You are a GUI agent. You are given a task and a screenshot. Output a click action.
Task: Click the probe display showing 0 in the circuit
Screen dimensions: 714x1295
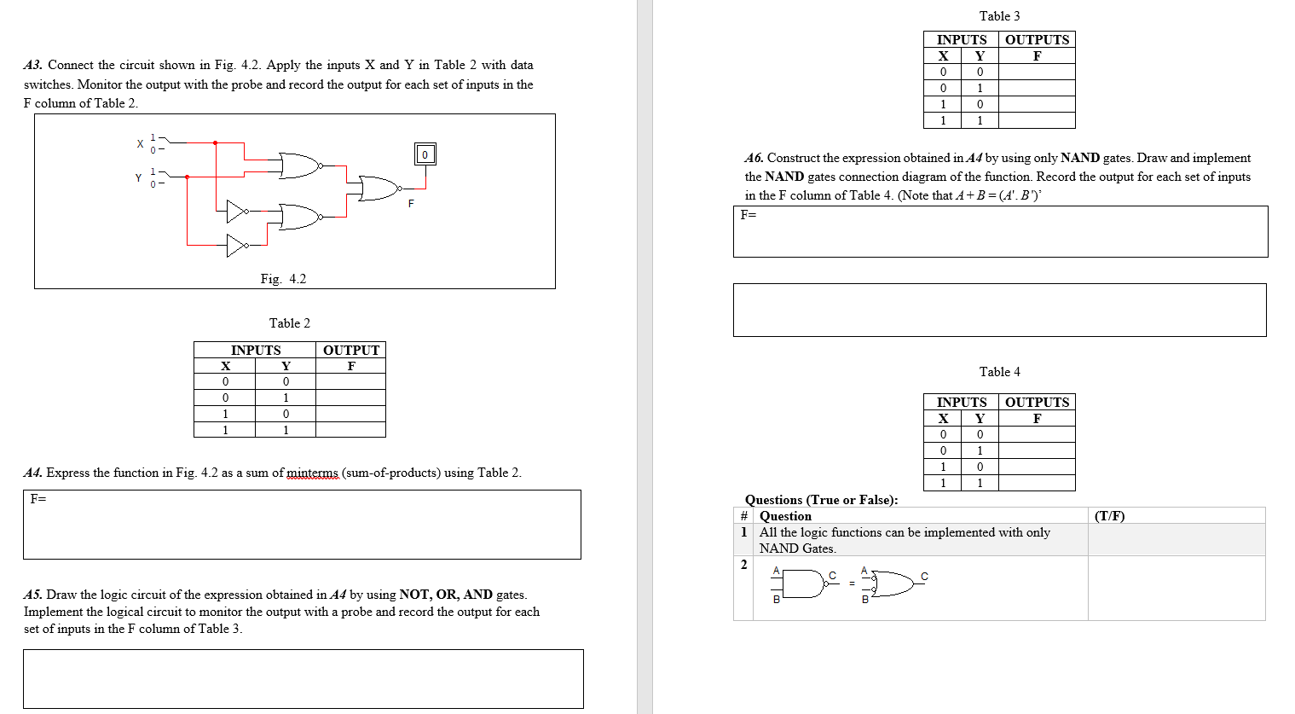[x=425, y=154]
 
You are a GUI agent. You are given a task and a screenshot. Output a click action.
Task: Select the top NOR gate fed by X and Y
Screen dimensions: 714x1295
[x=299, y=165]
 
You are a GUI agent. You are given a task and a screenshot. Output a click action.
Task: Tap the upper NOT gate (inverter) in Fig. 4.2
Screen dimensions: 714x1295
[x=237, y=211]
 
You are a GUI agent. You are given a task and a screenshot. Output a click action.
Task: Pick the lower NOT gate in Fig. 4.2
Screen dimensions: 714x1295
[x=237, y=246]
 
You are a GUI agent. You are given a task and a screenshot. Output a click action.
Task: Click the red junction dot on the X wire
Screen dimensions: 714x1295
[x=215, y=142]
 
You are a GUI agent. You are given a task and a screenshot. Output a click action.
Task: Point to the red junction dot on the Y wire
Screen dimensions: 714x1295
[x=187, y=177]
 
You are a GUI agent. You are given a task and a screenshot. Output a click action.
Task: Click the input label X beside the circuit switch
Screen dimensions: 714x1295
[x=140, y=143]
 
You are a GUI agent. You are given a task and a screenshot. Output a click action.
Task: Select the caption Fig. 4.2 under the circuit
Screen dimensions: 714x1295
[x=283, y=279]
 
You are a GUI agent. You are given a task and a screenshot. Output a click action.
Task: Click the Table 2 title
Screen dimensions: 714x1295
[x=290, y=323]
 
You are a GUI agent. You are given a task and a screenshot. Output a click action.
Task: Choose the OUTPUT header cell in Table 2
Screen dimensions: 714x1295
[x=350, y=350]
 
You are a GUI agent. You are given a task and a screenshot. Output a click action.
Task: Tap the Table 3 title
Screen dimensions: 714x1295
[x=999, y=16]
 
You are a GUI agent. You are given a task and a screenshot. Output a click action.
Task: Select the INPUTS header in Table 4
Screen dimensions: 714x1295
[x=961, y=402]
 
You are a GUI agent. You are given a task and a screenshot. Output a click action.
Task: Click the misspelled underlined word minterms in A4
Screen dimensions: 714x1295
[x=312, y=473]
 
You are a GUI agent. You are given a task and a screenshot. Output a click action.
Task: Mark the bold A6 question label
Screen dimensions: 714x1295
[x=754, y=158]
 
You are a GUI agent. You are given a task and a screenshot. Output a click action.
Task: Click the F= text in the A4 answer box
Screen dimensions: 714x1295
[x=38, y=499]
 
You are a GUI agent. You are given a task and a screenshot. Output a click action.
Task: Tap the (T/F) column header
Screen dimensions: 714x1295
[x=1109, y=516]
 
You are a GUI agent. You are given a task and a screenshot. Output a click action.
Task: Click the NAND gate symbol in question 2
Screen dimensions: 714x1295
[x=801, y=584]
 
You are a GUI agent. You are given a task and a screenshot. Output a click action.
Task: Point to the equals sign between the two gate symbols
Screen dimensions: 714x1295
[x=851, y=584]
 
